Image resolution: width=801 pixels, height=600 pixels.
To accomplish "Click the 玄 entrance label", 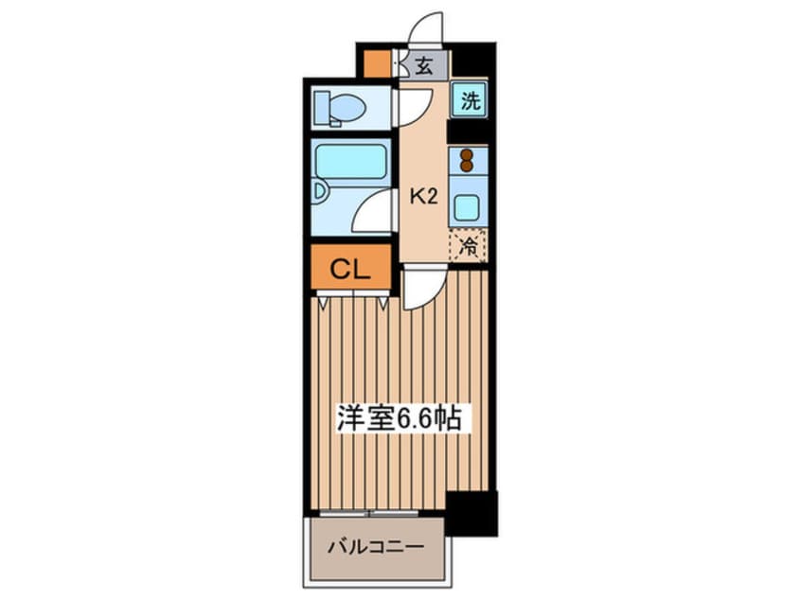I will [424, 66].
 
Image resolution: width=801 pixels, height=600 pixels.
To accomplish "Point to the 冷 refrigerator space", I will [468, 246].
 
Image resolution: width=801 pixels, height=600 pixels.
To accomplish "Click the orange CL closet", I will [348, 269].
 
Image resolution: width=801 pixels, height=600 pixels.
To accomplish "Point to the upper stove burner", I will [466, 152].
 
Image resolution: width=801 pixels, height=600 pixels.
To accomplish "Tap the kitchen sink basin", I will [467, 206].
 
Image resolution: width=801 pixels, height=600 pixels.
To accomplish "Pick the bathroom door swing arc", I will [375, 211].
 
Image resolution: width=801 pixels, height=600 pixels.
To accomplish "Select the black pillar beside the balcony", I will [471, 513].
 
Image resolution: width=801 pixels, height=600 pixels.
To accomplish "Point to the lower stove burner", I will [466, 167].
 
